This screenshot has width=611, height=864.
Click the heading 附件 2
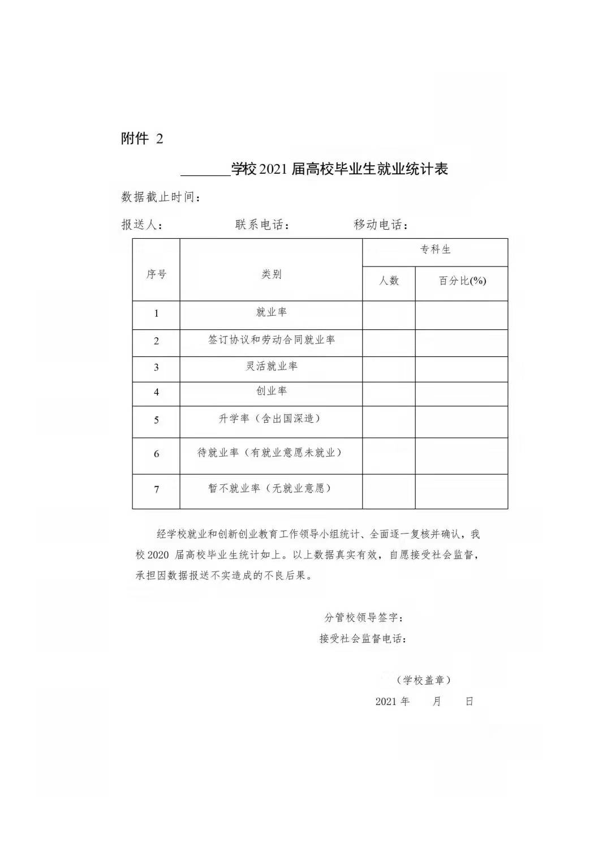[x=142, y=139]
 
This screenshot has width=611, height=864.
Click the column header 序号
[x=156, y=274]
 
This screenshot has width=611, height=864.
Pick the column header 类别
[x=271, y=274]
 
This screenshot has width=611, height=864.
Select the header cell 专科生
[x=435, y=250]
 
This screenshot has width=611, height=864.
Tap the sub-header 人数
[x=389, y=281]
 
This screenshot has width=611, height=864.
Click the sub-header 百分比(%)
[x=462, y=281]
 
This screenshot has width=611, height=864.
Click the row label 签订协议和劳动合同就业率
[x=271, y=340]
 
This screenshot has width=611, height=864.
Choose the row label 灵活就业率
[x=271, y=366]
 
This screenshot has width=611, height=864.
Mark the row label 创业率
[x=271, y=391]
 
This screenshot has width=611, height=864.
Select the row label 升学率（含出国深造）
[x=271, y=419]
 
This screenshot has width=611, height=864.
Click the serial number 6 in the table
[x=156, y=454]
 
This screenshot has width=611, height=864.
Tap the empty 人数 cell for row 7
[x=389, y=491]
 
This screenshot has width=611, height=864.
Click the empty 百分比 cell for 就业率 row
[x=461, y=315]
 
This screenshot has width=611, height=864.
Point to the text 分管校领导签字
[x=364, y=617]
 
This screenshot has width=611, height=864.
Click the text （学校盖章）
[x=424, y=680]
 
